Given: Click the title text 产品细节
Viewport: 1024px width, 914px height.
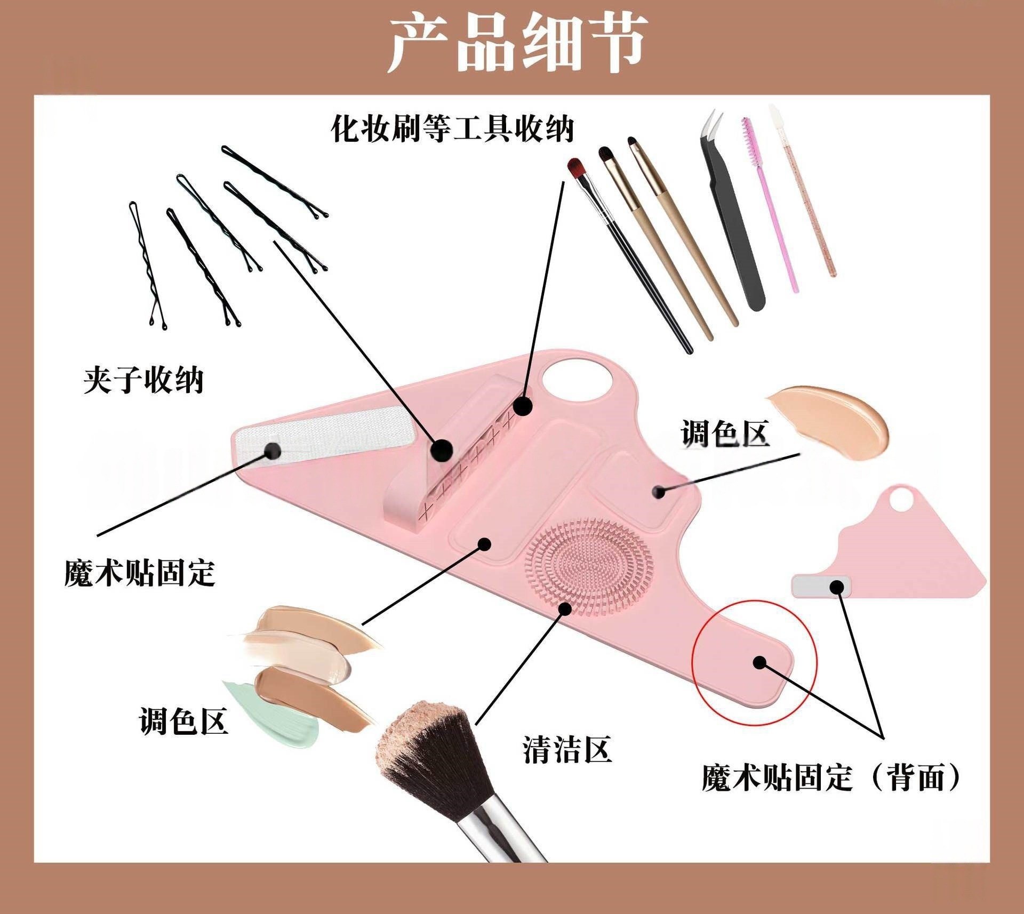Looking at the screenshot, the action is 516,44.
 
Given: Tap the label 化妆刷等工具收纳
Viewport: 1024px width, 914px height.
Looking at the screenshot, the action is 452,128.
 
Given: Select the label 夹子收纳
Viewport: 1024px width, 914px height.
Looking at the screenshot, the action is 143,380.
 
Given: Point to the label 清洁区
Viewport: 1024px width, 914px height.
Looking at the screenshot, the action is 566,749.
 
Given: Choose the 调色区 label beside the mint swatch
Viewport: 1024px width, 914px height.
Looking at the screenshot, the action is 183,721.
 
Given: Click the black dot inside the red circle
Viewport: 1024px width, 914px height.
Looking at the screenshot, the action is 760,663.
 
